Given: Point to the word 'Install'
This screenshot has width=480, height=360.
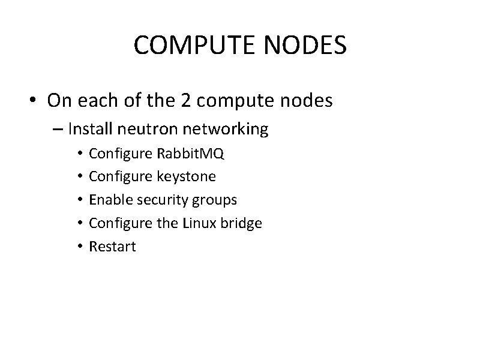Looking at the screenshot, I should [89, 128].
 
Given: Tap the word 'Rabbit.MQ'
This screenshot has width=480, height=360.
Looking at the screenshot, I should [190, 154].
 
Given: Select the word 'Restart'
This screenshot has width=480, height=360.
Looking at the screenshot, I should [112, 246].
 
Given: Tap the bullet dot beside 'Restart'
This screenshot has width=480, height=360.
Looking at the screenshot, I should [80, 247].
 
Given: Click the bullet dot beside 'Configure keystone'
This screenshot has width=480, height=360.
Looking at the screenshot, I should [80, 177].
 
